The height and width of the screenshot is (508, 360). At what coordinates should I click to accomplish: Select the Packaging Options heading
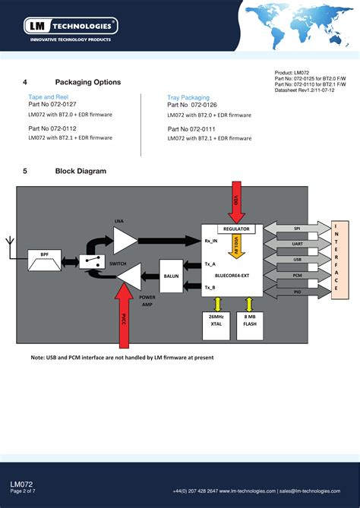tap(87, 82)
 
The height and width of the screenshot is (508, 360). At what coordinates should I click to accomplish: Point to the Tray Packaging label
tap(188, 97)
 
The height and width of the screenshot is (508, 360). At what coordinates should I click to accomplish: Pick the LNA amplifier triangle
tap(124, 241)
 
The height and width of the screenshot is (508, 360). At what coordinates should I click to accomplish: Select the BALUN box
tap(171, 277)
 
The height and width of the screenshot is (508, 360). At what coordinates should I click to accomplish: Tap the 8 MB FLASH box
tap(250, 319)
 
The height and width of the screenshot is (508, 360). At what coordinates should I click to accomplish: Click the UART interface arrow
tap(297, 244)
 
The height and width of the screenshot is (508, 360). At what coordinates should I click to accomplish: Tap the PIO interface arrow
tap(297, 290)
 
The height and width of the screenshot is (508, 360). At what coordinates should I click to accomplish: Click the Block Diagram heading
tap(81, 172)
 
